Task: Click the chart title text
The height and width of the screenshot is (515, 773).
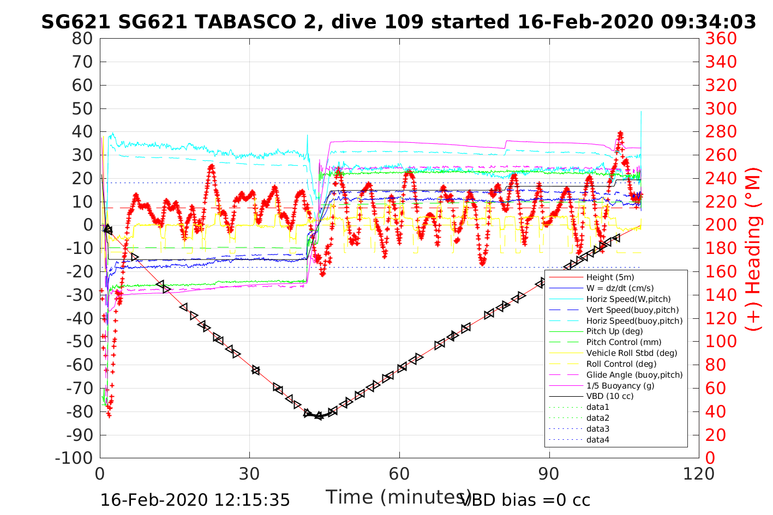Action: (398, 22)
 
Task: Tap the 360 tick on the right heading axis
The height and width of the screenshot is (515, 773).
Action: (721, 39)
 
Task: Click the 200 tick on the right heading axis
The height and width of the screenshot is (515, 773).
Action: (721, 225)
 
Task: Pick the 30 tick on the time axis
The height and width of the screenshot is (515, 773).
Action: (250, 474)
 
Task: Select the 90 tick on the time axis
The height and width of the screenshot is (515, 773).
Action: (549, 474)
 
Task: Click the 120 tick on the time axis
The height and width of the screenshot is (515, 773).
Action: (699, 474)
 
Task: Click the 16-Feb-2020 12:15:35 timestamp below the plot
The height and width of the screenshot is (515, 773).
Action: (195, 500)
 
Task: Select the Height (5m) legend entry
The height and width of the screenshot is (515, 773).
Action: (610, 277)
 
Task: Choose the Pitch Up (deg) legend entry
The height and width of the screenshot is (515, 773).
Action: (614, 331)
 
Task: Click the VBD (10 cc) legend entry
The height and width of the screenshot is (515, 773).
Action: (610, 396)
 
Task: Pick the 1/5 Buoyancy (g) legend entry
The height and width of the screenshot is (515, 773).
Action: (620, 386)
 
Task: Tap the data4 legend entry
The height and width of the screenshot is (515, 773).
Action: (597, 440)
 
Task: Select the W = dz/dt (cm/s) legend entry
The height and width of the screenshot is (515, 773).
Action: (620, 288)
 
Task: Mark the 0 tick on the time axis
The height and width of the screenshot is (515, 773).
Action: (100, 474)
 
